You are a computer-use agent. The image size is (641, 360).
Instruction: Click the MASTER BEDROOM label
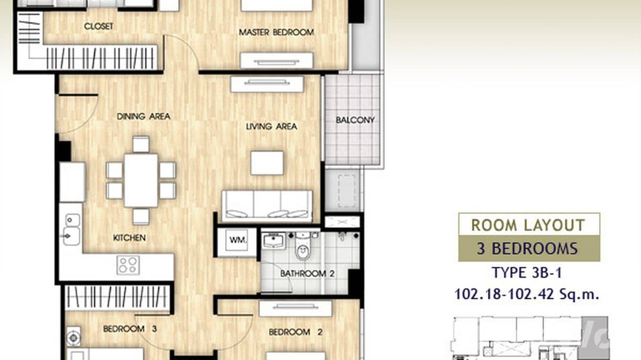(x=277, y=32)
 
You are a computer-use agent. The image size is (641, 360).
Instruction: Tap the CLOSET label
(x=99, y=26)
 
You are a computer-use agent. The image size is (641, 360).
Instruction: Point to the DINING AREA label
(x=144, y=116)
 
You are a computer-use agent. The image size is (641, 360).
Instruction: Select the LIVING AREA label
(x=271, y=127)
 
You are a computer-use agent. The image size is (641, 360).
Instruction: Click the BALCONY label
(x=355, y=120)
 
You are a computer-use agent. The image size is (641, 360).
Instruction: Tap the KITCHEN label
(x=129, y=238)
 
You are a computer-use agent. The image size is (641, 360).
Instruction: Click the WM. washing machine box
(x=237, y=241)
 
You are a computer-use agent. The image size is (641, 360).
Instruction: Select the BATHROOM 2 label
(x=307, y=274)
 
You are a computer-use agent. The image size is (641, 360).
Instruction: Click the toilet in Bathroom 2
(x=303, y=246)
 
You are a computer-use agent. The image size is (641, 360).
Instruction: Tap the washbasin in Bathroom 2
(x=274, y=240)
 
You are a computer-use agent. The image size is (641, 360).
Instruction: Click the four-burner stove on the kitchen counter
(x=128, y=265)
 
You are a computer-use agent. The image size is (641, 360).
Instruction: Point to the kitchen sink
(x=72, y=230)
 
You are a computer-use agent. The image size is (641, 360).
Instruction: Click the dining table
(x=141, y=180)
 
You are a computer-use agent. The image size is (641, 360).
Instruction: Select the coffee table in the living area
(x=267, y=163)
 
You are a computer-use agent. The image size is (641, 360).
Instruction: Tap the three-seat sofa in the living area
(x=267, y=206)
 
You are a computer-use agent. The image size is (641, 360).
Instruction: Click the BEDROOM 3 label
(x=130, y=329)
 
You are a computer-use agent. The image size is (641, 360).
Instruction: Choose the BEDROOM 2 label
(x=296, y=332)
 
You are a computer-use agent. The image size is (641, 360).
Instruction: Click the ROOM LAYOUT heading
(x=528, y=225)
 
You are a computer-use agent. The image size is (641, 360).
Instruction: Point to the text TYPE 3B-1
(x=527, y=273)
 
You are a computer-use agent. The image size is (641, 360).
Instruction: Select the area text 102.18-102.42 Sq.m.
(x=527, y=294)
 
